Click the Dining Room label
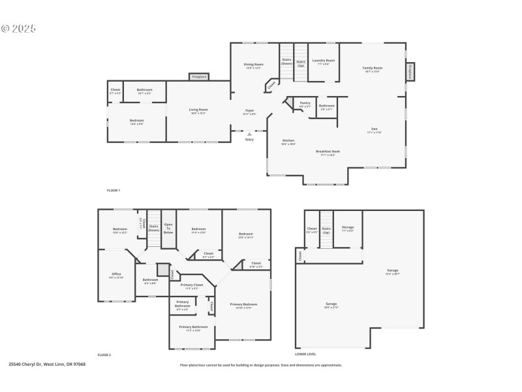click(x=254, y=65)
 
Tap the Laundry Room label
click(x=322, y=61)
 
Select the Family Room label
click(x=373, y=68)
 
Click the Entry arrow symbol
click(x=249, y=135)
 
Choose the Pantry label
click(x=305, y=103)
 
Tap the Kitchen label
click(x=288, y=141)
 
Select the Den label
click(x=375, y=129)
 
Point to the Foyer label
click(x=249, y=110)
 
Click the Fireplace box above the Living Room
click(x=199, y=77)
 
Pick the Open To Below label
click(x=168, y=229)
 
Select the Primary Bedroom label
click(x=243, y=304)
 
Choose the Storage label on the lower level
click(x=348, y=227)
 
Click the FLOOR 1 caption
click(x=114, y=190)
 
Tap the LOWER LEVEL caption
click(x=306, y=354)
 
